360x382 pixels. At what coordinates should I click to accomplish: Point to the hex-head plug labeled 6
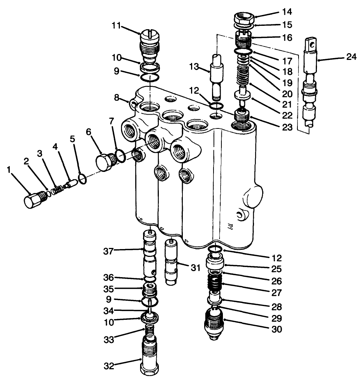click(x=103, y=161)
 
